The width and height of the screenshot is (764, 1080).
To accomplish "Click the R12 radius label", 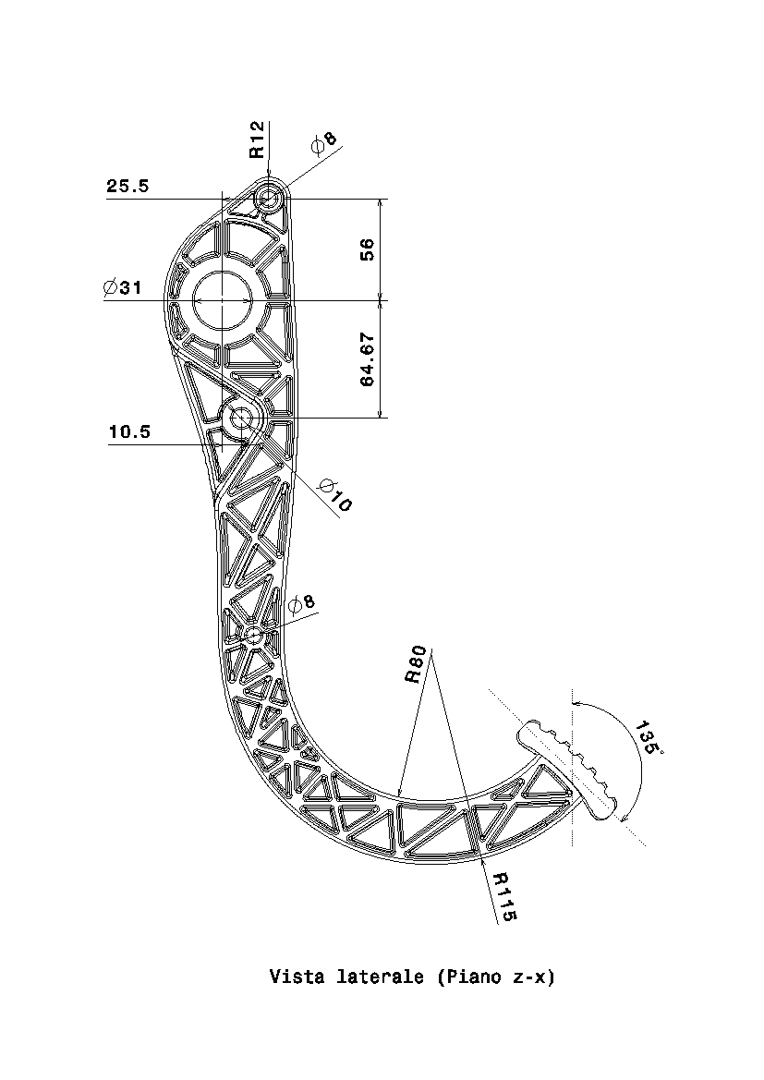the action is pos(257,140).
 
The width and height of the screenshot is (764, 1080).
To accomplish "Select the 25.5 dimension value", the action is pos(127,186).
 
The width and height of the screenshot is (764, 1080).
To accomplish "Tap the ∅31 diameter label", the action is pos(123,287).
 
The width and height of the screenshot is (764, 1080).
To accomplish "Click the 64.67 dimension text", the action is pos(368,358).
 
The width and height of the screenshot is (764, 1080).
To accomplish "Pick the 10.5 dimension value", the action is pos(129,431).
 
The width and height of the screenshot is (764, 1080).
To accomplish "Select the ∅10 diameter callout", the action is pos(335,495).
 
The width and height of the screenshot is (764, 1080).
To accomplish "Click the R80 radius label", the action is pos(416,664).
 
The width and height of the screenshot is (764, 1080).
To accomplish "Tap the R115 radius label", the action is pos(505,896).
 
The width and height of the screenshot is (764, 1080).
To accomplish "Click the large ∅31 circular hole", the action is pos(223,301).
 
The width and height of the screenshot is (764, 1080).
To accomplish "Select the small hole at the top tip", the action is pos(269,199).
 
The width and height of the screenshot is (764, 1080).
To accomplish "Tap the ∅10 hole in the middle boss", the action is pos(242,419).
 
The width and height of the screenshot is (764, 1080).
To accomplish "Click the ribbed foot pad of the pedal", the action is pos(568,770).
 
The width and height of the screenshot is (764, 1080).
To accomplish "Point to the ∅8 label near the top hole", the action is pos(324,142).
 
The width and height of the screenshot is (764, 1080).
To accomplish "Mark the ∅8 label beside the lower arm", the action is pos(301,604).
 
